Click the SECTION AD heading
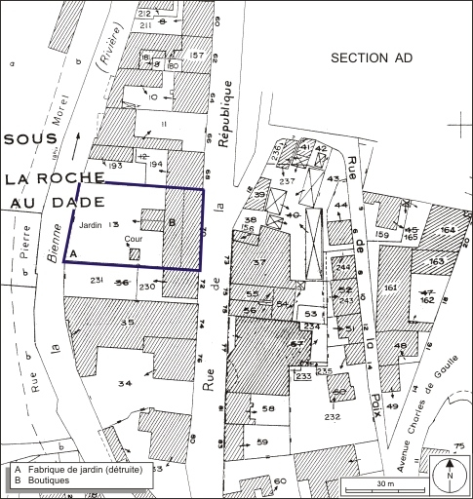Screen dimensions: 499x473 click(x=371, y=58)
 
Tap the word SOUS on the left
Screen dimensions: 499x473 click(x=31, y=139)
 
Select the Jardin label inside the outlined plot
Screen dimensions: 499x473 click(x=90, y=225)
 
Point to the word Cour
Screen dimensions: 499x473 click(x=133, y=238)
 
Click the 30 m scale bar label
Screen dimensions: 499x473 click(x=384, y=484)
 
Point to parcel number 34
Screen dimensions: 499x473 click(x=124, y=383)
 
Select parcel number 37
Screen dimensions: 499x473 click(x=258, y=263)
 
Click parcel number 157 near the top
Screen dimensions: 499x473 click(x=199, y=55)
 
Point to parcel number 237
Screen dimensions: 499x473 click(x=286, y=181)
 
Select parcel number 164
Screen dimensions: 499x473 click(x=448, y=229)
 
